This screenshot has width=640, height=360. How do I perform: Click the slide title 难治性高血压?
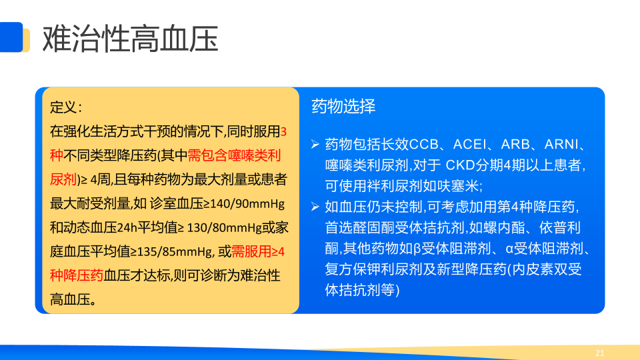130,39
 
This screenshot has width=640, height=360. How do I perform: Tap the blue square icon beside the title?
11,37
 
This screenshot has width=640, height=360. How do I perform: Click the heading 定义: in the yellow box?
66,107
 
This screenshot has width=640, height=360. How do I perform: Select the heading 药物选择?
343,106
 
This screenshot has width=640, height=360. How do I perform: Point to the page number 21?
599,353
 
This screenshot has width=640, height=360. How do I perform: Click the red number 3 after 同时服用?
284,132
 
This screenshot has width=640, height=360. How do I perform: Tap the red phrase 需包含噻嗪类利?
234,155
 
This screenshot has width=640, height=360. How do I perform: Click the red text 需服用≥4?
258,251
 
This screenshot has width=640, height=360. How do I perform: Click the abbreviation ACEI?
470,144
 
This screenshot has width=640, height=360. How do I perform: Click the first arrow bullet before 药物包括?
315,144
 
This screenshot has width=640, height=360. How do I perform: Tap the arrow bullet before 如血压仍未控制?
315,207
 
